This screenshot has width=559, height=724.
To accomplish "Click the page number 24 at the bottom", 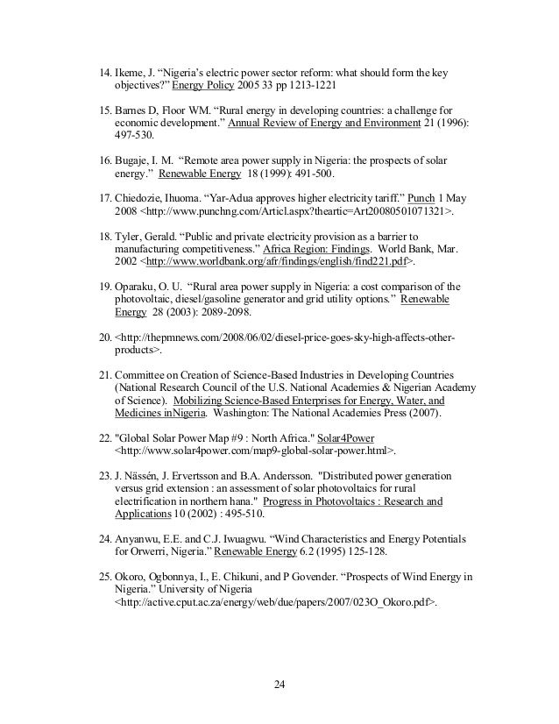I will point(279,683).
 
